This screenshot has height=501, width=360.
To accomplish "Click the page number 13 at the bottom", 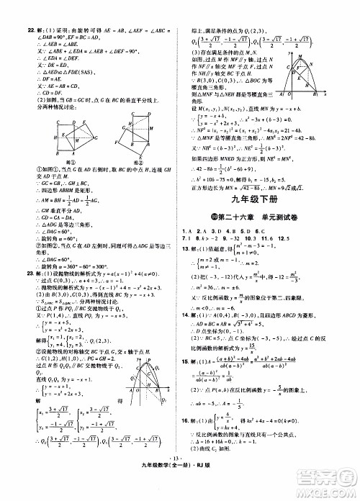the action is pyautogui.click(x=180, y=477).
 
